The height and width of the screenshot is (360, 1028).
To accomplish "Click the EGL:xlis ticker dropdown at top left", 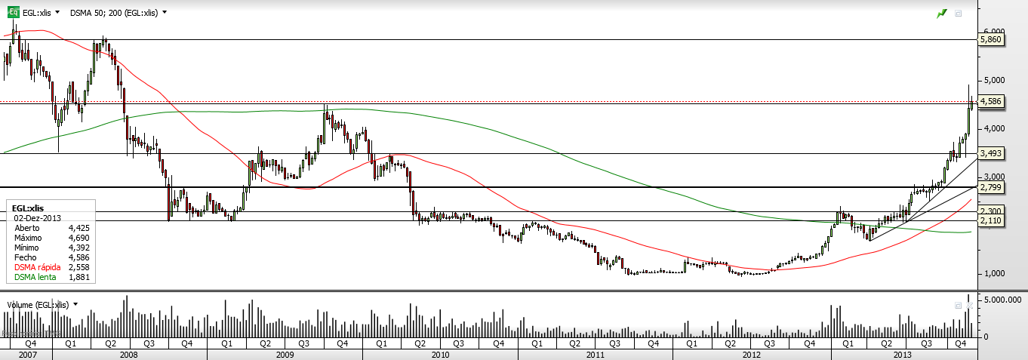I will click(x=41, y=13).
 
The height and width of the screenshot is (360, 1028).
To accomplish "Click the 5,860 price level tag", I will click(x=992, y=38).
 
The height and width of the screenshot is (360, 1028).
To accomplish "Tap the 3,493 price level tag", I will click(x=992, y=153).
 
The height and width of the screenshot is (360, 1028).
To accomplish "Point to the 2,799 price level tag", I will click(x=992, y=186).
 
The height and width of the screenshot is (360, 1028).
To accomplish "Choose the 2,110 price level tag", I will click(x=992, y=220).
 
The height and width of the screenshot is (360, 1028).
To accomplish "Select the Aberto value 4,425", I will click(x=78, y=227).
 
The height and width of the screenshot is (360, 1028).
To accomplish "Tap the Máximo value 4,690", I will click(x=78, y=238).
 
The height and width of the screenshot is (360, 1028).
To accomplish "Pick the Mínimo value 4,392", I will click(x=78, y=248).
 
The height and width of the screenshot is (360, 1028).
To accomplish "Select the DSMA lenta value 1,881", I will click(x=78, y=277).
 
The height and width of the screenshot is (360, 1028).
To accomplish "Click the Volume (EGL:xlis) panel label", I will click(x=38, y=304).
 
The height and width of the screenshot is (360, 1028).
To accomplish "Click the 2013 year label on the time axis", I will click(x=903, y=354).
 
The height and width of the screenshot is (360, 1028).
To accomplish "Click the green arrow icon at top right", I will click(x=941, y=13).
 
